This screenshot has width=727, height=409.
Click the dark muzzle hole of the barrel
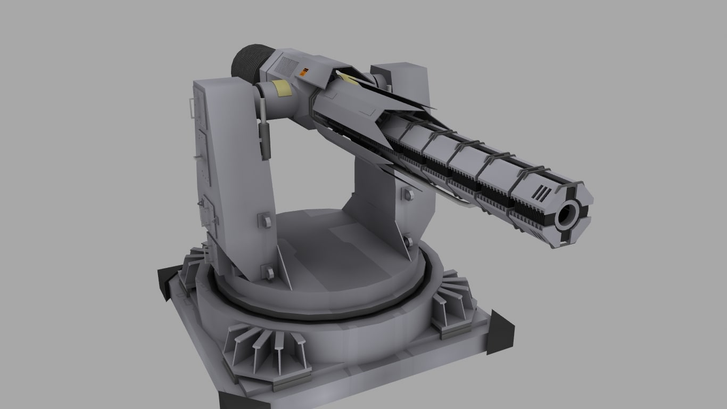567,216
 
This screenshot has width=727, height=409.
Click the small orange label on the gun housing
304,71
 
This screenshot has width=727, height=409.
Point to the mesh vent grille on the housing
286,67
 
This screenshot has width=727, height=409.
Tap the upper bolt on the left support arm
264,220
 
